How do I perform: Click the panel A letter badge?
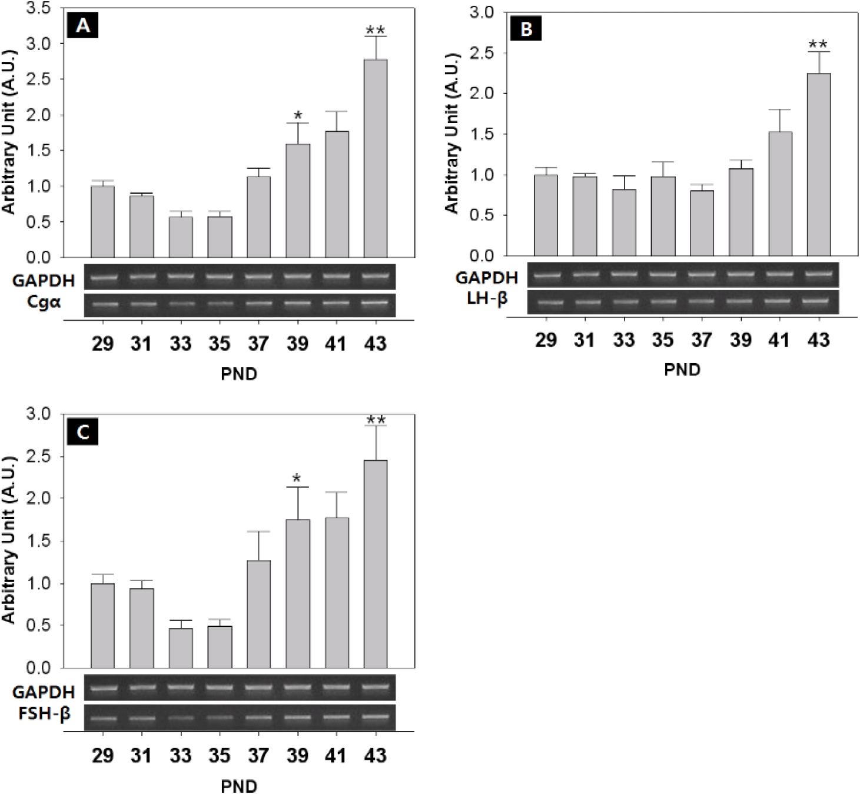point(83,27)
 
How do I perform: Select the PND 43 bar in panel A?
point(376,158)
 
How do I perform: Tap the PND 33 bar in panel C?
point(181,648)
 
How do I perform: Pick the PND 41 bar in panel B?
point(779,194)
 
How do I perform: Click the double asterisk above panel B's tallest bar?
point(818,44)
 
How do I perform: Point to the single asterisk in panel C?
point(297,478)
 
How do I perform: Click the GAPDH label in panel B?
point(487,278)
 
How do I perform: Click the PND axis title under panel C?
point(239,786)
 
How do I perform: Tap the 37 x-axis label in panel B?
point(702,340)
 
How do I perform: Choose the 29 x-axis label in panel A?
point(103,344)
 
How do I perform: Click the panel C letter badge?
point(83,433)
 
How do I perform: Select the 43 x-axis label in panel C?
point(376,755)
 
